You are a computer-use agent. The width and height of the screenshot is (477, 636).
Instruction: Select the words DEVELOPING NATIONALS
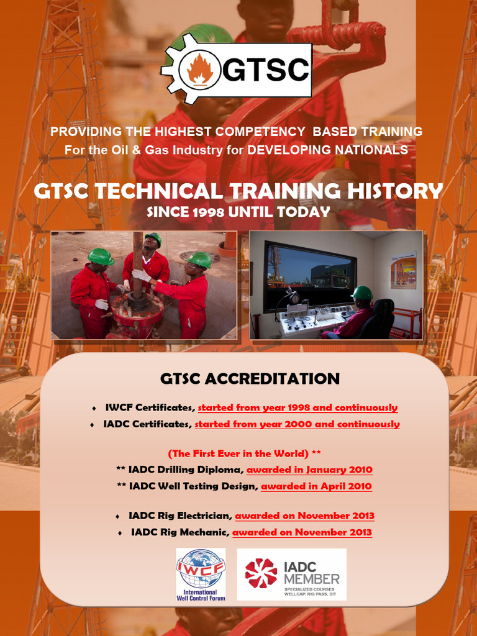click(327, 150)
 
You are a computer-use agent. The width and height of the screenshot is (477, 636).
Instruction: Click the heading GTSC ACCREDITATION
click(250, 379)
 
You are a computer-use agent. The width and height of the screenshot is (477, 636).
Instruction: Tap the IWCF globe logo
click(200, 569)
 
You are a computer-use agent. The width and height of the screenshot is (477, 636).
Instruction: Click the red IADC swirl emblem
click(261, 573)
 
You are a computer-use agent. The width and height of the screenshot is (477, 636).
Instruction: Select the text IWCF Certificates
click(150, 408)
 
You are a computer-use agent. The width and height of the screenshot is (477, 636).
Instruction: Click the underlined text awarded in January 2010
click(309, 470)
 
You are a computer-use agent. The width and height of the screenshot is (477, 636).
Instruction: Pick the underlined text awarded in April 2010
click(316, 486)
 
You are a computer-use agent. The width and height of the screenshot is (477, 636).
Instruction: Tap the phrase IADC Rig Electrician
click(180, 516)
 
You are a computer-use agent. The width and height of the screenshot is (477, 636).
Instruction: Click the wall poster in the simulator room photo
click(403, 270)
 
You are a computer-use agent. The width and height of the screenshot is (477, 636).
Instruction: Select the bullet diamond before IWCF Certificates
click(94, 409)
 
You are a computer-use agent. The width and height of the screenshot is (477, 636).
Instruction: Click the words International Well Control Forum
click(201, 596)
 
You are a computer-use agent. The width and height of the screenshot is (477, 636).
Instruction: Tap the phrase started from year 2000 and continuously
click(297, 424)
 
